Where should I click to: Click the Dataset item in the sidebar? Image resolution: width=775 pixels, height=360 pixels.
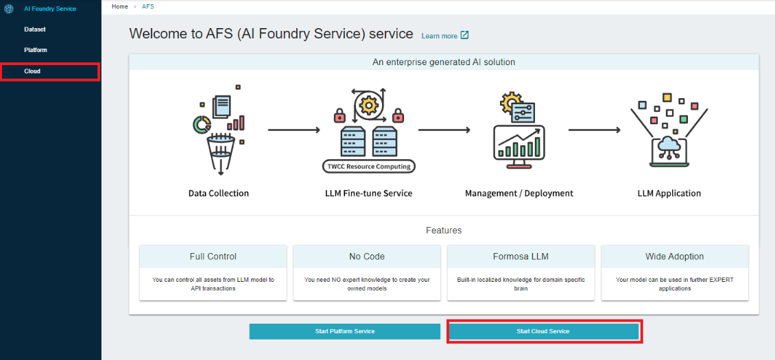34,29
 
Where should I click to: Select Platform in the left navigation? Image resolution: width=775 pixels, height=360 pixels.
36,50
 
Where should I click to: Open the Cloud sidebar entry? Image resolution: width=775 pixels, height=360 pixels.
32,71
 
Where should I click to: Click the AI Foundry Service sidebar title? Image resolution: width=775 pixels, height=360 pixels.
50,8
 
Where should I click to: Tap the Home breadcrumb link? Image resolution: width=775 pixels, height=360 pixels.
120,6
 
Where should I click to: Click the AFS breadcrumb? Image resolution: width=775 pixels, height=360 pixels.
148,6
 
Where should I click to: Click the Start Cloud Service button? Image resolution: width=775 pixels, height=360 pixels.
543,331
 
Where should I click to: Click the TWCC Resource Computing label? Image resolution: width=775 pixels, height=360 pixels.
369,166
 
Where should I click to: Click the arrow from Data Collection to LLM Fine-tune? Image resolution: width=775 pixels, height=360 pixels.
294,130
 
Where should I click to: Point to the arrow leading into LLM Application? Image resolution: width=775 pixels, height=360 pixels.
594,130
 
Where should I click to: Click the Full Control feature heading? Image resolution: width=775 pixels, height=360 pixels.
213,256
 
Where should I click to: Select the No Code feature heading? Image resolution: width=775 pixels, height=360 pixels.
367,256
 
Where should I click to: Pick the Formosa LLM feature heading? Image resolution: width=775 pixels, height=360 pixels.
521,256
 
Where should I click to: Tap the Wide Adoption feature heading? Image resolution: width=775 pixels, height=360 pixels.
675,256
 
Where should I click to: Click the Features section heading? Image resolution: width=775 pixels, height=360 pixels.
444,230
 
